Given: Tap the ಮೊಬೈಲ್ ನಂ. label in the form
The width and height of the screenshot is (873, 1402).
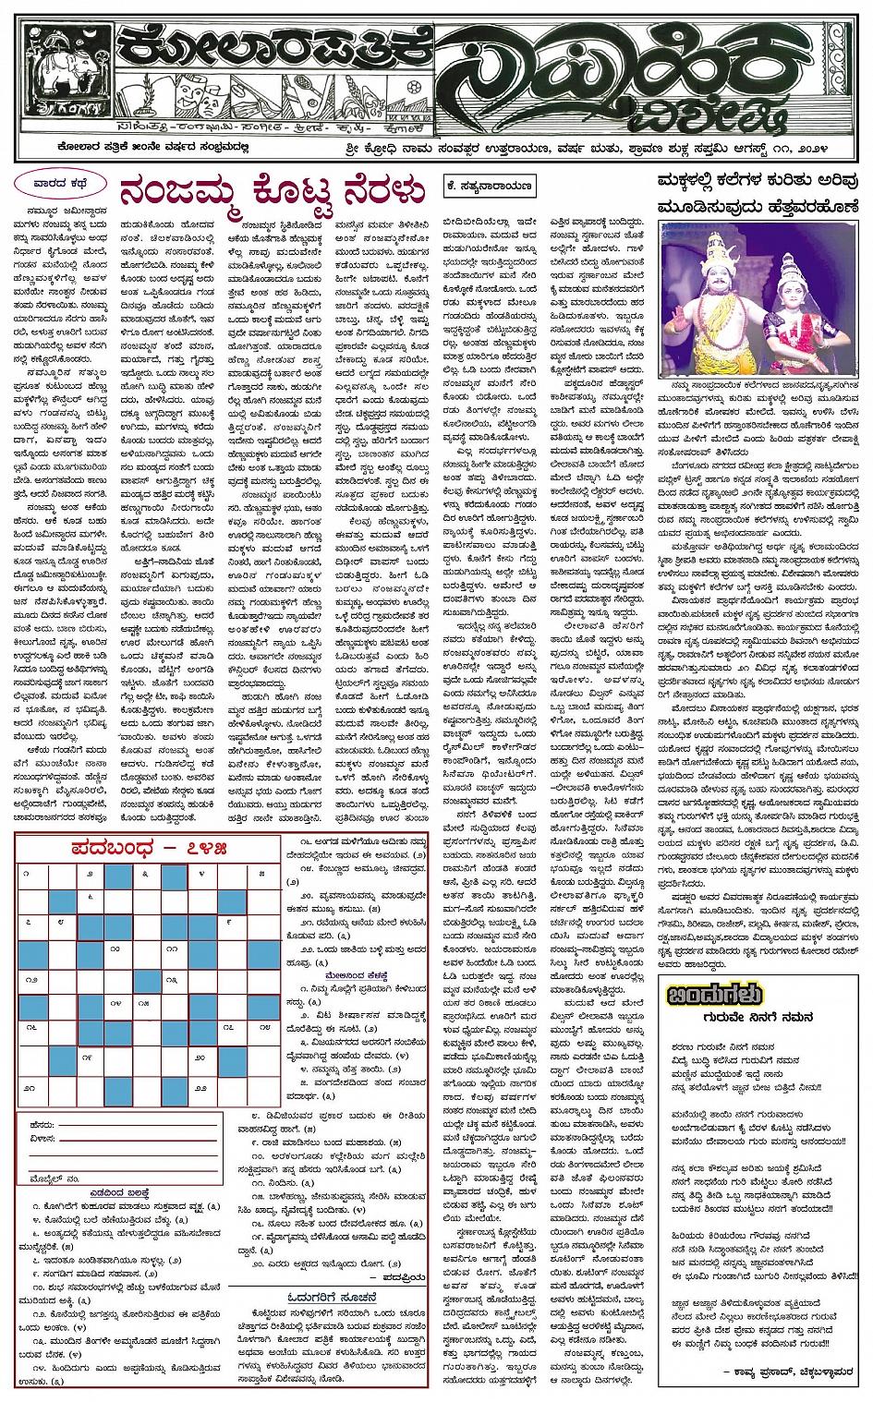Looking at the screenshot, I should (x=55, y=1178).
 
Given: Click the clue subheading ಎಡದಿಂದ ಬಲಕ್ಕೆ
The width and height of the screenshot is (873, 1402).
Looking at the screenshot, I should (x=119, y=1193).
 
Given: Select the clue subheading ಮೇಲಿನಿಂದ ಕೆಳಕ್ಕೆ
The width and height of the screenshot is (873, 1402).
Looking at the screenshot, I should (x=356, y=975).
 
